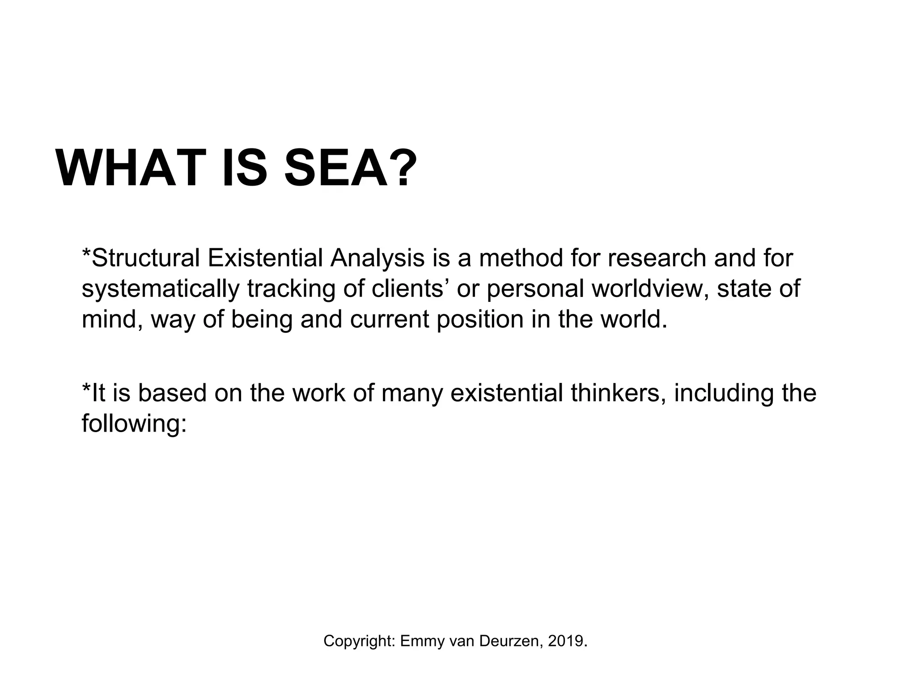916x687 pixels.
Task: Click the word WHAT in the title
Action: click(130, 168)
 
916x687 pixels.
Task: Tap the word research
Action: click(656, 259)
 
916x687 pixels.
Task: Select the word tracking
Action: click(291, 289)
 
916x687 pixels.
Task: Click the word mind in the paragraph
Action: click(111, 319)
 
